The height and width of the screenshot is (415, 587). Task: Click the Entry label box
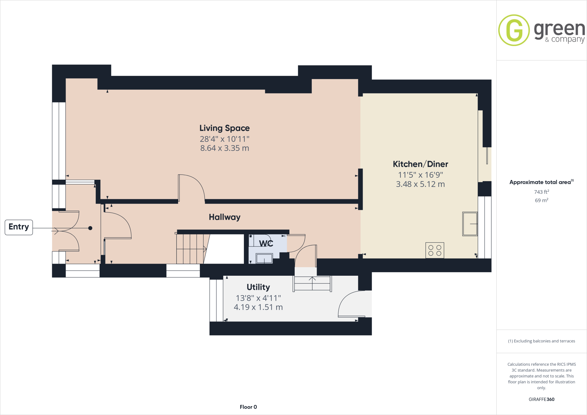point(19,227)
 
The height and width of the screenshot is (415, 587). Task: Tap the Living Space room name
point(224,128)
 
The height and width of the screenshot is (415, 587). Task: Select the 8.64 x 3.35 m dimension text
point(224,148)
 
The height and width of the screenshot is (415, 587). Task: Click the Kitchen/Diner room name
point(420,164)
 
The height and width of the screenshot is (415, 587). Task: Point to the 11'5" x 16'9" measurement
point(420,175)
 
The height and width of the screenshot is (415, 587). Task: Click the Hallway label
point(224,217)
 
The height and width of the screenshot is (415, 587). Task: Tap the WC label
point(266,243)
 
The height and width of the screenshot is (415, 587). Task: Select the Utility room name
point(258,287)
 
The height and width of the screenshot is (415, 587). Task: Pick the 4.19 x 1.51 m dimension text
point(258,307)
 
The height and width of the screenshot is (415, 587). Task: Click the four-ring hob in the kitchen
point(435,250)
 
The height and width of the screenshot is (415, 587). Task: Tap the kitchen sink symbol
point(470,224)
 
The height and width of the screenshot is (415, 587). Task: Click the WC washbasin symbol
point(264,259)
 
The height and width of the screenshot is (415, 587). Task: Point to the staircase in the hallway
point(191,249)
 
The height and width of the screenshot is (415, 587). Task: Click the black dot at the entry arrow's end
point(90,228)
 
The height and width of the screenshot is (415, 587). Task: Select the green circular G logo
point(514,30)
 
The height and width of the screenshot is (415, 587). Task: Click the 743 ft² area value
point(541,192)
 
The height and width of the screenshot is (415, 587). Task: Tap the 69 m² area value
point(541,200)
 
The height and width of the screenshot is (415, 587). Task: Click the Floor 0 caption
point(248,407)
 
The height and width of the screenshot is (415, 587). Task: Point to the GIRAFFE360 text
point(541,399)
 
